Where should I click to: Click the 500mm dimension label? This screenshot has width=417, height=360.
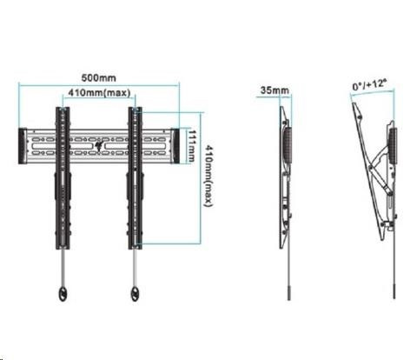(x=99, y=78)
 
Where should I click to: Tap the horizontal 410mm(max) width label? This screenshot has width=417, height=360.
(x=99, y=93)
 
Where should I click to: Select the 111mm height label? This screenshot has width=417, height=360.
(x=191, y=146)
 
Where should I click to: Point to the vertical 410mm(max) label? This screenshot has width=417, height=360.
(x=208, y=176)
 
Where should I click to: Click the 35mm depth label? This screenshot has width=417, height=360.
(x=275, y=90)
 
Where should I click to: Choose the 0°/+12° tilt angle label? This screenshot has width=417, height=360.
(x=369, y=85)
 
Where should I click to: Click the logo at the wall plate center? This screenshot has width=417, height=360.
(x=99, y=145)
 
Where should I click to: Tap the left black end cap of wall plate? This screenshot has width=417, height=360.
(x=23, y=146)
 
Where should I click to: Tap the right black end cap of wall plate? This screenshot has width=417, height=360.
(x=175, y=146)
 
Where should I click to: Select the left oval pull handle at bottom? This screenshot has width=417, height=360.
(x=63, y=294)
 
